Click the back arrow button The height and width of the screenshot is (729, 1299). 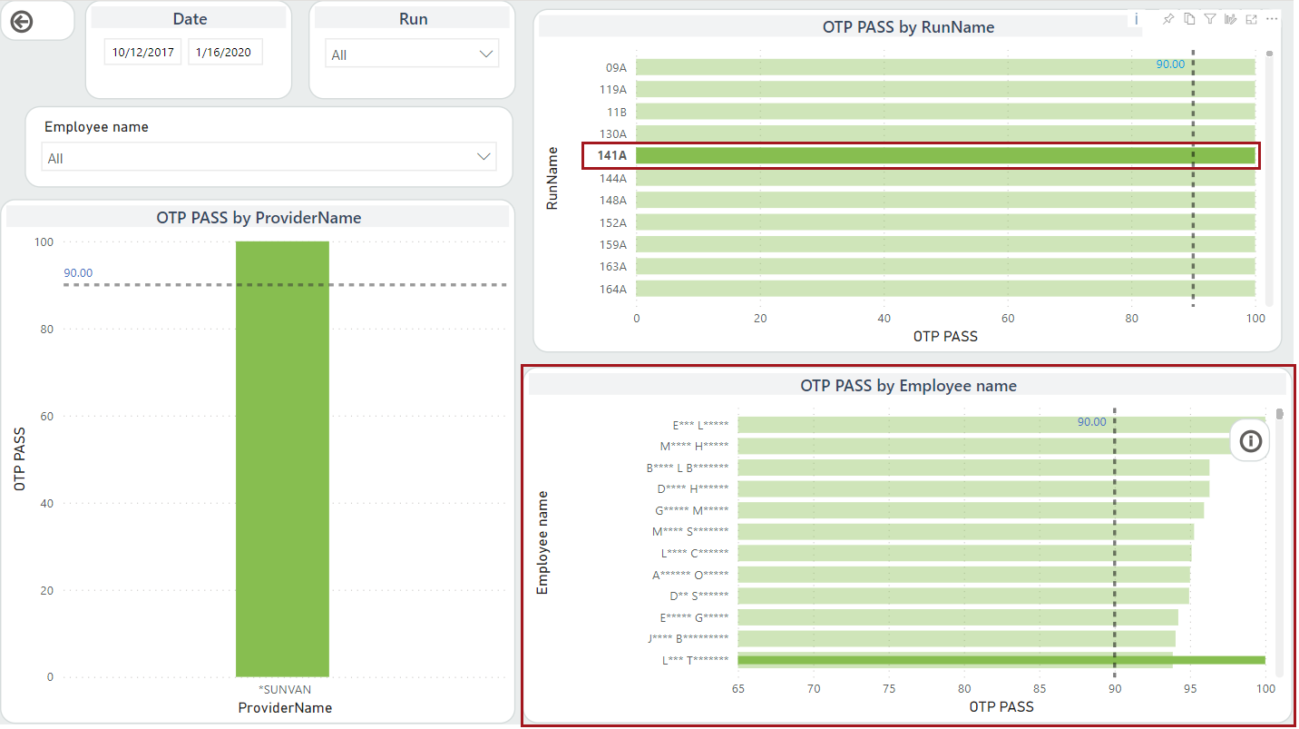[x=21, y=22]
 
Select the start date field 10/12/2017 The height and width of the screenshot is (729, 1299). [x=143, y=52]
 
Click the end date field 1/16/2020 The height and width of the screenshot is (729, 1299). [x=225, y=52]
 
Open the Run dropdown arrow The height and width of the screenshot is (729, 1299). [x=485, y=54]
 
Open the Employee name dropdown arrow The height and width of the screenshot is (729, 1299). [x=483, y=157]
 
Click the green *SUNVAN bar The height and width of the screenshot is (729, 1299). [x=282, y=458]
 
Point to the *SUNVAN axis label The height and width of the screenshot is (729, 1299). [x=285, y=690]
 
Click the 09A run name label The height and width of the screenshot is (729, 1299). [x=616, y=67]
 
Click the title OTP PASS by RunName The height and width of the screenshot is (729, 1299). [x=908, y=27]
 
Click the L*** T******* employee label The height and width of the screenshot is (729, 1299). [x=696, y=660]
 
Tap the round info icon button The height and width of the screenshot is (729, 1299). [x=1251, y=442]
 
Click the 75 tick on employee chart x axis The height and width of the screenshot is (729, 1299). [x=890, y=689]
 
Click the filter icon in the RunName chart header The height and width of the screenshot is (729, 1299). [x=1210, y=19]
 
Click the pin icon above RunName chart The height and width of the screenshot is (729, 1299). [x=1168, y=19]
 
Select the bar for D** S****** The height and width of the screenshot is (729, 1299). [x=962, y=596]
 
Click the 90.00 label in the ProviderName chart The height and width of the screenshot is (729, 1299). [x=78, y=272]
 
